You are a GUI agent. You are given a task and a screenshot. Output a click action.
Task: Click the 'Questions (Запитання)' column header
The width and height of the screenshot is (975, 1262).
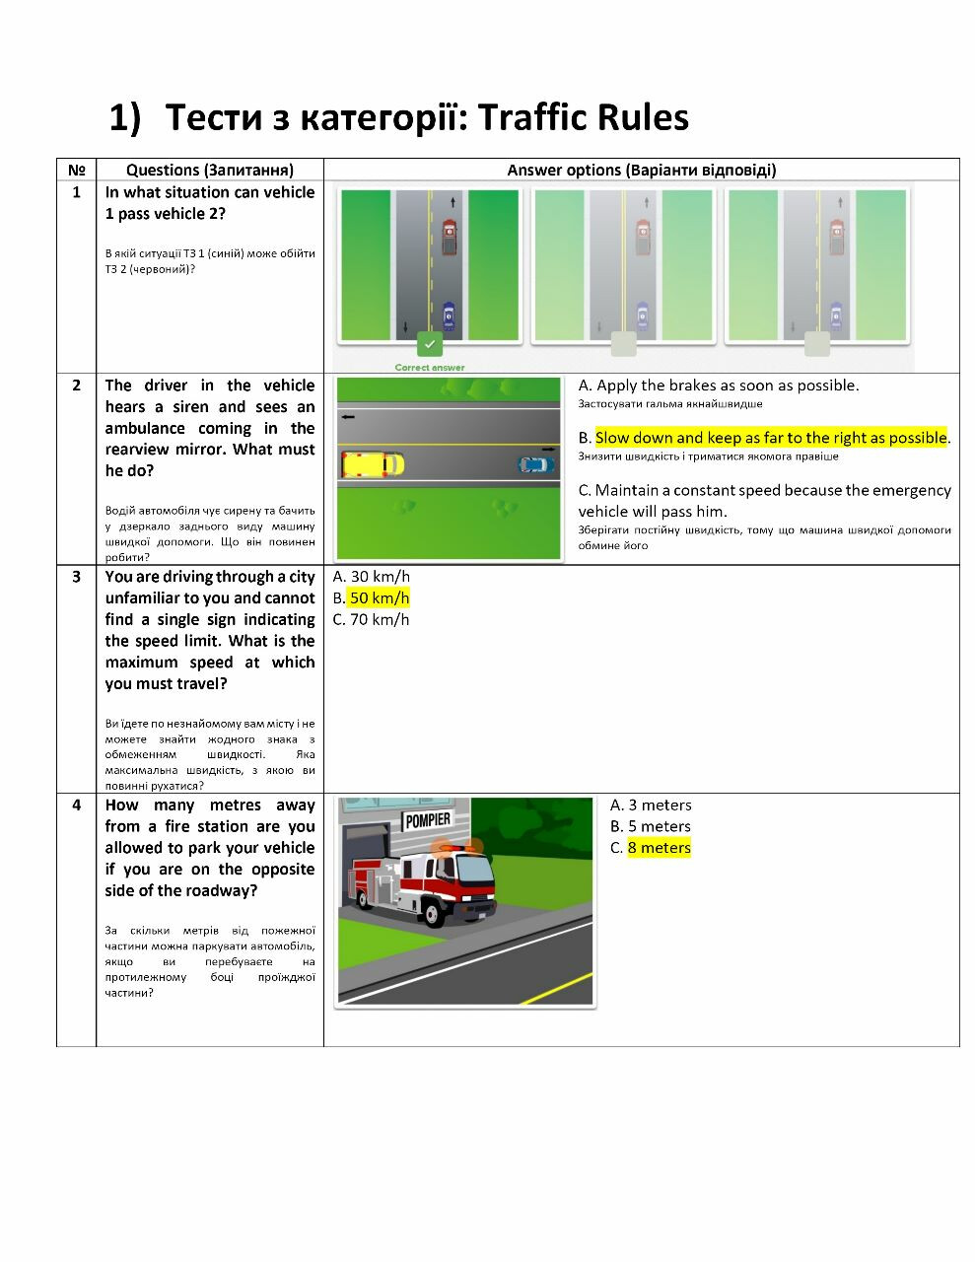[x=209, y=170]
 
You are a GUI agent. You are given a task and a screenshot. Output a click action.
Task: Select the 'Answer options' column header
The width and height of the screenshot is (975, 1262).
[x=641, y=170]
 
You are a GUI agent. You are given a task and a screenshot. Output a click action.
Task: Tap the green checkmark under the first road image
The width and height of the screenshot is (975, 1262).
[x=429, y=344]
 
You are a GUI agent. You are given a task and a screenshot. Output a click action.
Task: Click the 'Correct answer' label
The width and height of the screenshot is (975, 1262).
[x=429, y=368]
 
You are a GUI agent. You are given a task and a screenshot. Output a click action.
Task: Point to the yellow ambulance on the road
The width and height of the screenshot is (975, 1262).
[x=372, y=463]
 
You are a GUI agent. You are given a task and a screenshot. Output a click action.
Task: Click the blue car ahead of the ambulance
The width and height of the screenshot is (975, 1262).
[x=535, y=464]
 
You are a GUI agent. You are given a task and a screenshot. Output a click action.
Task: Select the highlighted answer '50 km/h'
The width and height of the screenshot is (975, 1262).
[x=379, y=598]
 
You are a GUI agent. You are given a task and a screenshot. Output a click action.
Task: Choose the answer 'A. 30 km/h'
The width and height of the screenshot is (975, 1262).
[x=371, y=577]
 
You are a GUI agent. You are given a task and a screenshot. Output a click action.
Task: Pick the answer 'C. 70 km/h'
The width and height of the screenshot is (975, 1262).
[x=371, y=620]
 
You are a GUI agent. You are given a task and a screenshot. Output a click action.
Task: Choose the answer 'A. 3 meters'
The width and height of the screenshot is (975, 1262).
[x=651, y=806]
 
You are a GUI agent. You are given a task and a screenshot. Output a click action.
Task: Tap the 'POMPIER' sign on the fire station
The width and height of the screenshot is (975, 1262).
[x=428, y=820]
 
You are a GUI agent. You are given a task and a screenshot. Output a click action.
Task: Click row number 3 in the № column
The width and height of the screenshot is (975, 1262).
[x=76, y=577]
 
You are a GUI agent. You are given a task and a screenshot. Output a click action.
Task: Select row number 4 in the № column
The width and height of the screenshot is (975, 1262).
[x=76, y=806]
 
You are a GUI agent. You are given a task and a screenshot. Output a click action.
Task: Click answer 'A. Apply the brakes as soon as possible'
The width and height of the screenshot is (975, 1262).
[x=718, y=386]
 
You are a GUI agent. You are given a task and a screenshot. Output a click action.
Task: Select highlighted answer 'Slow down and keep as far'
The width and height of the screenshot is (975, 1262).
[x=770, y=438]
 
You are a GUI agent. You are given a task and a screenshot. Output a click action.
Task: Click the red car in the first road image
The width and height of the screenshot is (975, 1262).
[x=450, y=237]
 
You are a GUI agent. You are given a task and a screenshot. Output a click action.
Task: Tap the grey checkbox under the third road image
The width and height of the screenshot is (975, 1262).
[x=816, y=344]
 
